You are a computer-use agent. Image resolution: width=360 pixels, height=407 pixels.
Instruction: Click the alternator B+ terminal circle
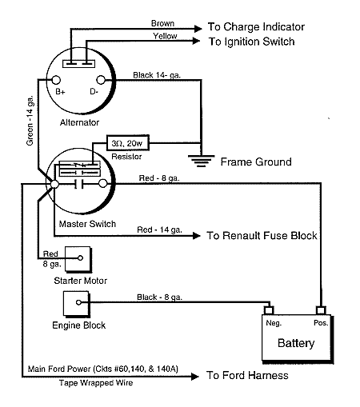pyautogui.click(x=56, y=80)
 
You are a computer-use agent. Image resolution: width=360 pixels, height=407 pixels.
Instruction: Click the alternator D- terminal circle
pyautogui.click(x=101, y=80)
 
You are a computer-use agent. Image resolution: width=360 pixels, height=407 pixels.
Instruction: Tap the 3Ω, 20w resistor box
pyautogui.click(x=128, y=143)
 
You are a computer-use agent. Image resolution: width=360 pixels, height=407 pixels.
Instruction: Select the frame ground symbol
pyautogui.click(x=202, y=161)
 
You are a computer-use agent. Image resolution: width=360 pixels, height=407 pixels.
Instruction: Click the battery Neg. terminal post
pyautogui.click(x=269, y=310)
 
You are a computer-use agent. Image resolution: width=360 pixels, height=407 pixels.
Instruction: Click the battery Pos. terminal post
pyautogui.click(x=321, y=310)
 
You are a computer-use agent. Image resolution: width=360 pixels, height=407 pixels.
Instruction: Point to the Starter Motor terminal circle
pyautogui.click(x=80, y=257)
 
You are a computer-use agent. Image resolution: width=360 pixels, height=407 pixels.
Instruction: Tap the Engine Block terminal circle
pyautogui.click(x=78, y=302)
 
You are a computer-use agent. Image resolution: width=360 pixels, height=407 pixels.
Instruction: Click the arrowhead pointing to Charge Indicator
pyautogui.click(x=198, y=29)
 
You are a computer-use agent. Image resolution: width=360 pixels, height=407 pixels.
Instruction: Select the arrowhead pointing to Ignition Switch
pyautogui.click(x=197, y=41)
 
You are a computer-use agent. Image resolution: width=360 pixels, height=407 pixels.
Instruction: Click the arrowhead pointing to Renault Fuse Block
pyautogui.click(x=197, y=236)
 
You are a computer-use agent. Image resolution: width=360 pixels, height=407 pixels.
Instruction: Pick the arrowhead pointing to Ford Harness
pyautogui.click(x=195, y=377)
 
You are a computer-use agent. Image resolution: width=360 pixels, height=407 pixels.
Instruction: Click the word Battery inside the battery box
pyautogui.click(x=296, y=343)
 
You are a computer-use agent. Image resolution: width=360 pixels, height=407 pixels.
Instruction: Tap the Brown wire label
pyautogui.click(x=162, y=23)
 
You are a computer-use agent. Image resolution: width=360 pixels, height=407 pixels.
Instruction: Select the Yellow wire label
pyautogui.click(x=165, y=36)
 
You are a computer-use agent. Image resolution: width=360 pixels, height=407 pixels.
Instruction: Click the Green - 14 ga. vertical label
pyautogui.click(x=30, y=121)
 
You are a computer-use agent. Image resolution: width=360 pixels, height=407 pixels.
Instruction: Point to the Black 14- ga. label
pyautogui.click(x=157, y=75)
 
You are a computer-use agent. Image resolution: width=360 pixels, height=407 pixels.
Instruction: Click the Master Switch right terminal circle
pyautogui.click(x=103, y=183)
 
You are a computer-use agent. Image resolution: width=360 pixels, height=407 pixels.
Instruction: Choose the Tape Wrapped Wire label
pyautogui.click(x=96, y=383)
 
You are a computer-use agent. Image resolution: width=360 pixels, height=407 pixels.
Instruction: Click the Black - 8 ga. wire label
pyautogui.click(x=159, y=297)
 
